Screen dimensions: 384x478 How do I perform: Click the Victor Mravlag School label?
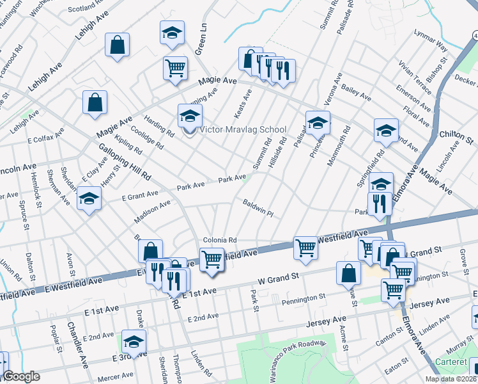pyautogui.click(x=243, y=129)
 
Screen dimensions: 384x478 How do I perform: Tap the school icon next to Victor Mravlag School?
pyautogui.click(x=190, y=116)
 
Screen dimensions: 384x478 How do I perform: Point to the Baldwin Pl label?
pyautogui.click(x=258, y=208)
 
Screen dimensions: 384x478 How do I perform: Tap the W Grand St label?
pyautogui.click(x=279, y=278)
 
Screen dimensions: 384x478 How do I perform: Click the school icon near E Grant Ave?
pyautogui.click(x=89, y=199)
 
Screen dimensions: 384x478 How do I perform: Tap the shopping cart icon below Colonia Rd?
pyautogui.click(x=212, y=260)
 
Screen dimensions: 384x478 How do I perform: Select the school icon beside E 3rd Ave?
pyautogui.click(x=134, y=341)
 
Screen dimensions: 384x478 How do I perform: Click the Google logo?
pyautogui.click(x=21, y=377)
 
